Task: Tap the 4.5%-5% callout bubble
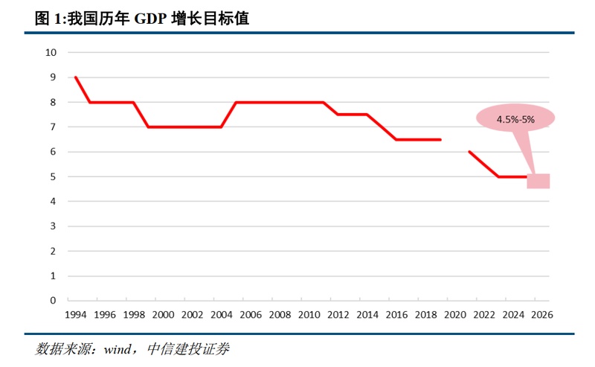click(x=515, y=118)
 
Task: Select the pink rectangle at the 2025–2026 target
click(x=538, y=181)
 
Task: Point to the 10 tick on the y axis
click(x=51, y=52)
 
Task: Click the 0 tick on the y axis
click(x=54, y=301)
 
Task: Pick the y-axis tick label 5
click(x=54, y=176)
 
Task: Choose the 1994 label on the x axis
click(x=76, y=315)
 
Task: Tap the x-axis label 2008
click(x=280, y=315)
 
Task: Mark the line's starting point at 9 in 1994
click(x=76, y=77)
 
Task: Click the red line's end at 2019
click(x=440, y=139)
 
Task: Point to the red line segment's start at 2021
click(x=469, y=152)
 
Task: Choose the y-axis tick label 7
click(x=54, y=127)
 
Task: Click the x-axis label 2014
click(x=367, y=315)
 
